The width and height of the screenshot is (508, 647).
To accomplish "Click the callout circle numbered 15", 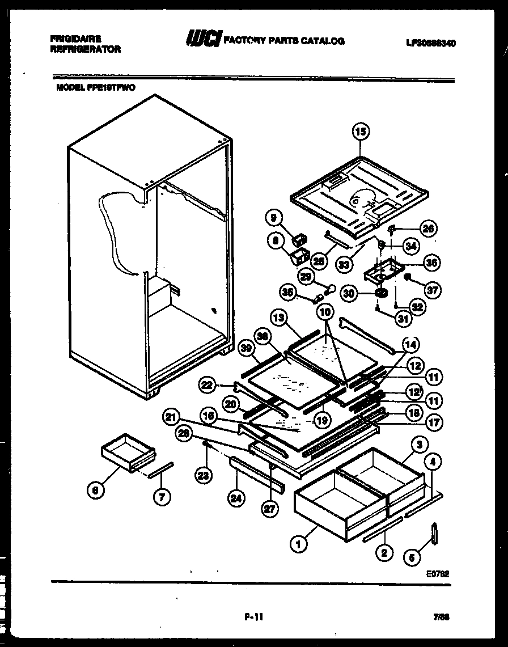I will [x=361, y=132].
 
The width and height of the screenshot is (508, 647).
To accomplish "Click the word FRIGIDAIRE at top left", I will [x=75, y=39].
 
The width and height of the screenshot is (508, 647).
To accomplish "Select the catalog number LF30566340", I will [x=431, y=43].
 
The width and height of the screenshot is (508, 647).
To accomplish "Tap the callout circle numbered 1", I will [x=298, y=545].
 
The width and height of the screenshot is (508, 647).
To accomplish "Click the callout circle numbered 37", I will [x=433, y=290].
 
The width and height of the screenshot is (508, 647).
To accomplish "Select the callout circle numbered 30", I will [x=349, y=293].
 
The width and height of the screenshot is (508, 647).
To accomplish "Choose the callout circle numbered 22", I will [x=208, y=385].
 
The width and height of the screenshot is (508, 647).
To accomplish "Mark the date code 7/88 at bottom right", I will [x=440, y=616].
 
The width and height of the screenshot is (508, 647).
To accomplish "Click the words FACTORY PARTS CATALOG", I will [x=284, y=41].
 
